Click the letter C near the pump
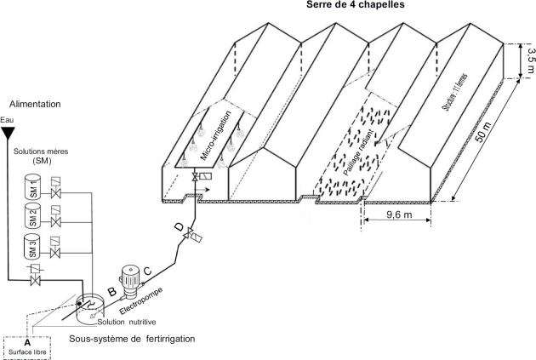(147, 271)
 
